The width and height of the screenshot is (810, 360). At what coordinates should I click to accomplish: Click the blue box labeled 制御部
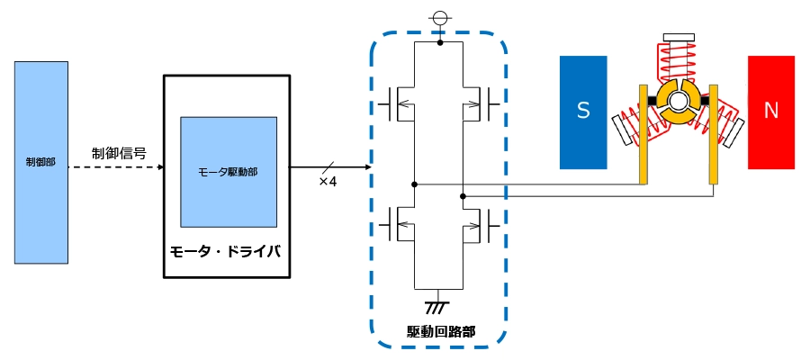pos(41,163)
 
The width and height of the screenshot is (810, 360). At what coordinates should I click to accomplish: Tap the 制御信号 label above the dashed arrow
pos(119,153)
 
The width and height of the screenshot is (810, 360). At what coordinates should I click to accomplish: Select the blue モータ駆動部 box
pos(229,172)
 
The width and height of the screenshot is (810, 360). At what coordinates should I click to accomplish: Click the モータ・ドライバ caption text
pos(227,253)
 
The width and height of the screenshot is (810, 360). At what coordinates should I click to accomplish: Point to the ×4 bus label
pos(328,182)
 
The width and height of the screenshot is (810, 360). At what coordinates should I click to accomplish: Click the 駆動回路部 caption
pos(438,330)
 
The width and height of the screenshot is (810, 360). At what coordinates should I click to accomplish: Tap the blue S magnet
pos(583,112)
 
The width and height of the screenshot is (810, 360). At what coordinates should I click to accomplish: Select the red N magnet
pos(771,112)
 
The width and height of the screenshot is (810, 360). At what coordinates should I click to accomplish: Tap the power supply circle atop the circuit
pos(439,20)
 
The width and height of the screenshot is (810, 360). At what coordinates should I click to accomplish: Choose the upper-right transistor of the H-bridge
pos(479,104)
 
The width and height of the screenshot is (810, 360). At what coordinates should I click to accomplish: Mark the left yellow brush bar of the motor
pos(643,134)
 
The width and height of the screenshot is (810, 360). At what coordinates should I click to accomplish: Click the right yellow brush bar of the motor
pos(714,134)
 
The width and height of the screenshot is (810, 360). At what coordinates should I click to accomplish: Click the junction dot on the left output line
pos(414,184)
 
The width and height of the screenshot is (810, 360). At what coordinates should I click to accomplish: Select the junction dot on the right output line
pos(463,196)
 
